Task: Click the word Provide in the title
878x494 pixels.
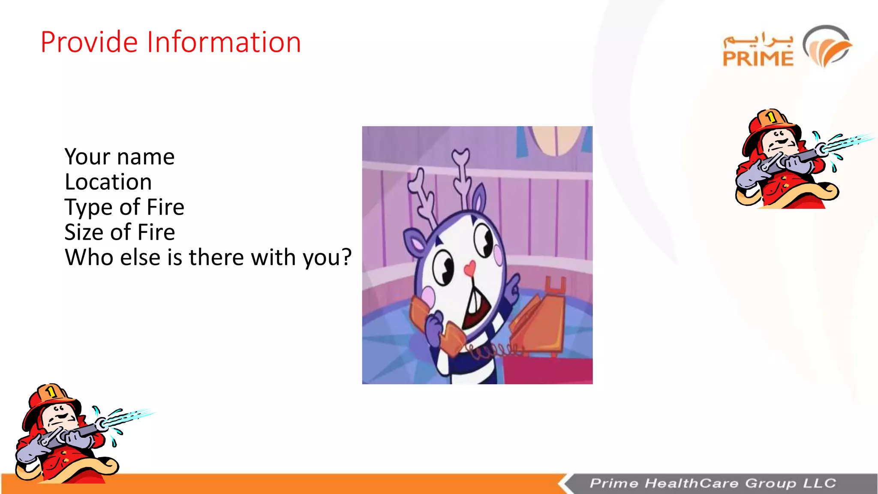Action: (x=89, y=42)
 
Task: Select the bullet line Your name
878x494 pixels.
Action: (x=120, y=157)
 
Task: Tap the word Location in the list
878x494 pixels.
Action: (x=108, y=182)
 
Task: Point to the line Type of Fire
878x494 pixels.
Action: (x=124, y=208)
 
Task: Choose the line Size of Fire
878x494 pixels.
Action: (x=120, y=232)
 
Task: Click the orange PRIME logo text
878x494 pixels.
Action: (x=758, y=59)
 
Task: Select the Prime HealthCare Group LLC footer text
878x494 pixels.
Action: (x=713, y=483)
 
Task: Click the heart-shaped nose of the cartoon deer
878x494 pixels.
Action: (x=470, y=269)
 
